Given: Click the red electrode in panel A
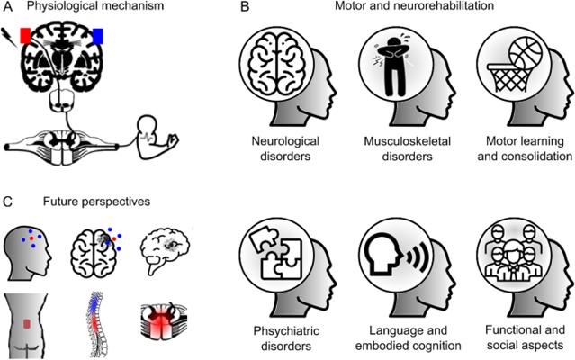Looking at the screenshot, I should tap(25, 34).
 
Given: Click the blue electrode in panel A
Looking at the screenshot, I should tap(98, 36).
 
